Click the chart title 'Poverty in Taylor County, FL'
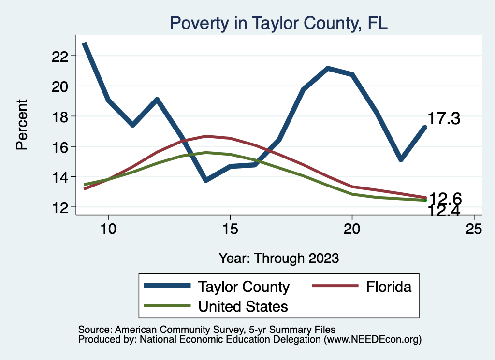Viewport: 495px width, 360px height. [x=278, y=23]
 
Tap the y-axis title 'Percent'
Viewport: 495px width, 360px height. [x=22, y=124]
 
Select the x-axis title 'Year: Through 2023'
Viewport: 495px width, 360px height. [x=278, y=258]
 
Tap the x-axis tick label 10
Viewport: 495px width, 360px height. [x=108, y=229]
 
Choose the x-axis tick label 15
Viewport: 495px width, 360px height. [x=230, y=229]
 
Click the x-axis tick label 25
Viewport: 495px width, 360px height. [x=474, y=229]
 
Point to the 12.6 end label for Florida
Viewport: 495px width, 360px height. [x=445, y=199]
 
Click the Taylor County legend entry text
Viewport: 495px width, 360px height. [x=243, y=287]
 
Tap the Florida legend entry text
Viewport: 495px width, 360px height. [x=389, y=287]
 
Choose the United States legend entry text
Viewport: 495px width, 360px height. [x=243, y=306]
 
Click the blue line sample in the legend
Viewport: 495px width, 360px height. [x=166, y=287]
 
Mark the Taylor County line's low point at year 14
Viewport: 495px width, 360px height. [x=206, y=180]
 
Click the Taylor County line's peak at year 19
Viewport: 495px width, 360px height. [x=328, y=69]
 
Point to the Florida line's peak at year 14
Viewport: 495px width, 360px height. [x=206, y=136]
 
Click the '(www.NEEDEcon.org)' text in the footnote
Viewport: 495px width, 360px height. [x=373, y=339]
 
